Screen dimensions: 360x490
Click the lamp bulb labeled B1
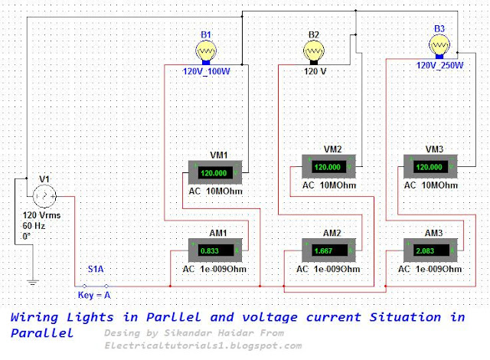(x=206, y=52)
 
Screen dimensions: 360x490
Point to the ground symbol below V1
(x=32, y=283)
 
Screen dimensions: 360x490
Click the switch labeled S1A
(x=96, y=285)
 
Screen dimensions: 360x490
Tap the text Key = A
(x=94, y=295)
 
